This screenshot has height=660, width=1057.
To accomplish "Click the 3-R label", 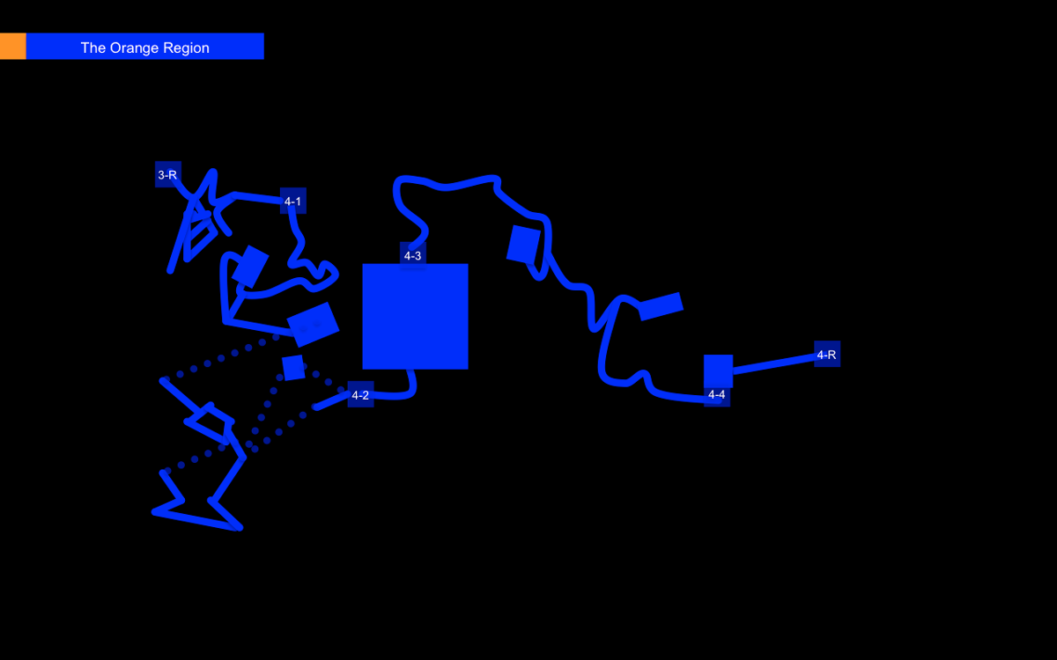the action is [167, 175].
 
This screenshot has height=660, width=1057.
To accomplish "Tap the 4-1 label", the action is [292, 202].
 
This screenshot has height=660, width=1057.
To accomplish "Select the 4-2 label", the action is [360, 394].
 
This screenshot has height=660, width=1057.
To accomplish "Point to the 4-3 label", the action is [413, 255].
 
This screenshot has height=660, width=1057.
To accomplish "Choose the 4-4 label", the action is [717, 394].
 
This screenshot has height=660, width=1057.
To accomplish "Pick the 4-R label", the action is [827, 354].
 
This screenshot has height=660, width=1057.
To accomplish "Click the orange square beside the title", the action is [12, 46].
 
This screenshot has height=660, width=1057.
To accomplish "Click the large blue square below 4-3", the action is [415, 316].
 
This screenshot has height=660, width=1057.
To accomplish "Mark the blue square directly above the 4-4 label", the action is [718, 370].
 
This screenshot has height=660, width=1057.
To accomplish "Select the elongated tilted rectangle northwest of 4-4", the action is [661, 306].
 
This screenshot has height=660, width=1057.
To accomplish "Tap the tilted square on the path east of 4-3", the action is [523, 245].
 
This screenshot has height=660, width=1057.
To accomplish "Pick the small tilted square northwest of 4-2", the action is [293, 368].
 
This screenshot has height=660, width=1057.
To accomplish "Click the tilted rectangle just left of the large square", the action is [313, 325].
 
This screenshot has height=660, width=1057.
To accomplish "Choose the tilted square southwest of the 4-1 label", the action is [250, 267].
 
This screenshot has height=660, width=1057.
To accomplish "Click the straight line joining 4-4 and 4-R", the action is [775, 364].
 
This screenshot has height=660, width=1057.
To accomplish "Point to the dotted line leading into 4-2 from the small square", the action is [327, 379].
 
